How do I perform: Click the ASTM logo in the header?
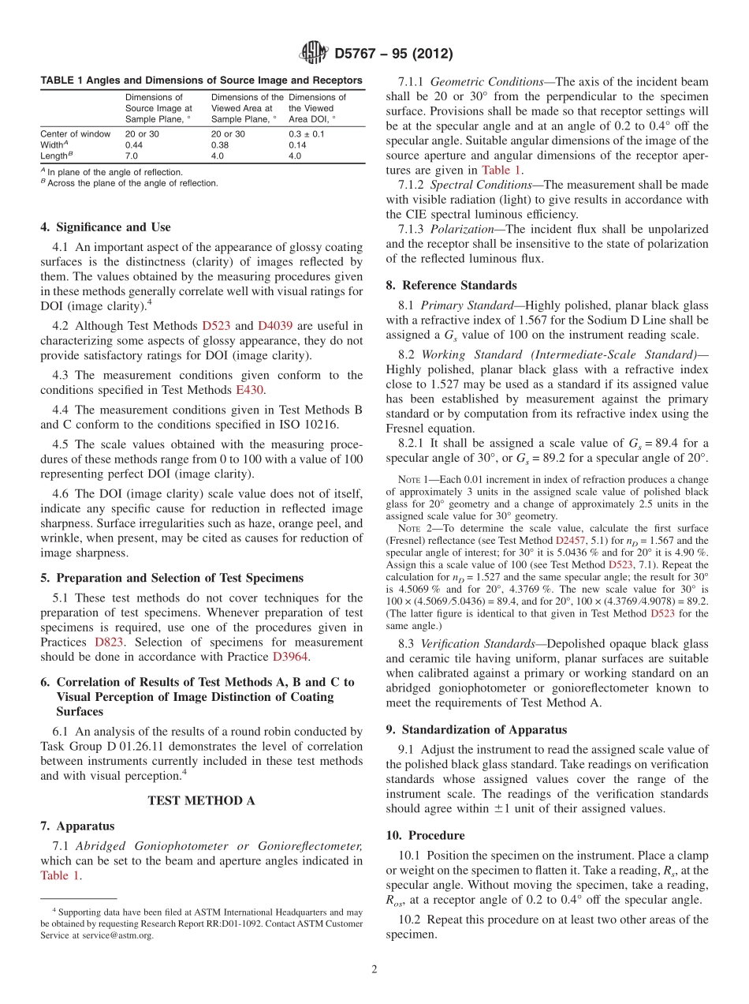315,54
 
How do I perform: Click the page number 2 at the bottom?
374,968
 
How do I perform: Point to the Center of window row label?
75,134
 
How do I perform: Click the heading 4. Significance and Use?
105,227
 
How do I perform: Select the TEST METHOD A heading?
201,800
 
